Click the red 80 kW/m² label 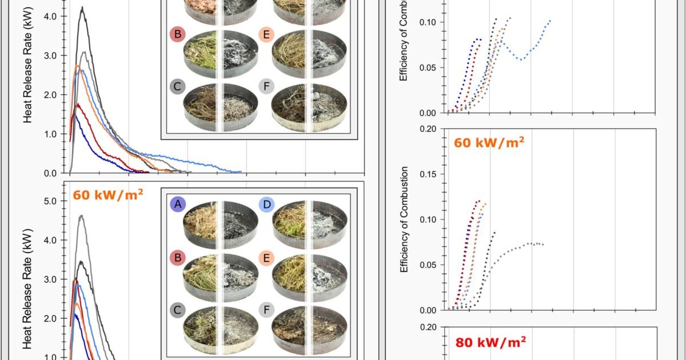[x=490, y=342]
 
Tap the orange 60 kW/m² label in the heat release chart [x=107, y=194]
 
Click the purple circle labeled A [x=178, y=204]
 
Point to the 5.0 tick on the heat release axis [x=49, y=201]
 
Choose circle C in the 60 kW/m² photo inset [x=178, y=310]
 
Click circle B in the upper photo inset [x=178, y=34]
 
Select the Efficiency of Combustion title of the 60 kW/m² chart [x=404, y=219]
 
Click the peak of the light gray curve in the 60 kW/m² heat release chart [x=82, y=215]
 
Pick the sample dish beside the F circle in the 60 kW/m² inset [x=310, y=331]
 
